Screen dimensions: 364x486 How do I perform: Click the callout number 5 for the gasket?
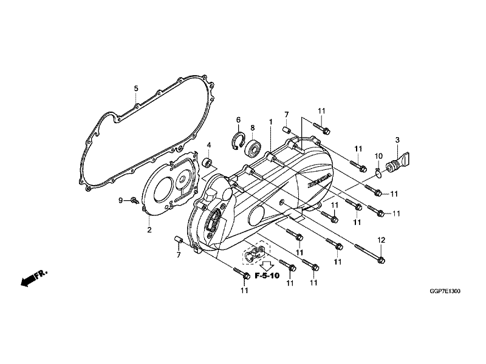(x=136, y=89)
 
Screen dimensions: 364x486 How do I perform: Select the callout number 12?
(x=381, y=240)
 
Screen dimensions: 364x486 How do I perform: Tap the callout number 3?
(x=397, y=140)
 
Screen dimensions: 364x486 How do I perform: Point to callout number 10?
(x=378, y=157)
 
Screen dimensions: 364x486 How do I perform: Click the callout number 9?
(x=121, y=200)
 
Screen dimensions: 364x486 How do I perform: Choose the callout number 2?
(x=149, y=230)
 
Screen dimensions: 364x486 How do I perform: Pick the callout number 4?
(x=208, y=146)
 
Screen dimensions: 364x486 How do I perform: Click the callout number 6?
(x=239, y=120)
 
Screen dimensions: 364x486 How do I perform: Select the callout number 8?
(x=252, y=128)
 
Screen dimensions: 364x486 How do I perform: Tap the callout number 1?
(x=271, y=122)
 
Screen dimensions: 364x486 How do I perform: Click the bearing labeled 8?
(x=253, y=147)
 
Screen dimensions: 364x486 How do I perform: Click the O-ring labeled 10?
(x=378, y=175)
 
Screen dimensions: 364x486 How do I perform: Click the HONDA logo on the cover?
(x=319, y=180)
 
